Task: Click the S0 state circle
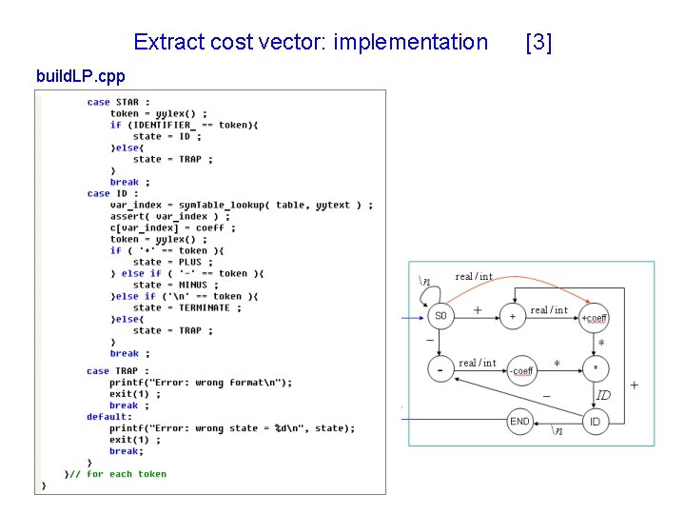(440, 315)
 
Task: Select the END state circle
(519, 421)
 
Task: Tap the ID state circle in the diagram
(595, 421)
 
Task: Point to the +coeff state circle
(595, 317)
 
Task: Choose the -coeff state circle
(521, 370)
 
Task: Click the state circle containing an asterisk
(595, 368)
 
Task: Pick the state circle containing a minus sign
(440, 369)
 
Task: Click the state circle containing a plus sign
(513, 316)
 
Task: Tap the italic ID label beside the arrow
(603, 394)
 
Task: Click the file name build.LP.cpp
(79, 75)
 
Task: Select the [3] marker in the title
(538, 42)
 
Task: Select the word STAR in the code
(127, 102)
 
